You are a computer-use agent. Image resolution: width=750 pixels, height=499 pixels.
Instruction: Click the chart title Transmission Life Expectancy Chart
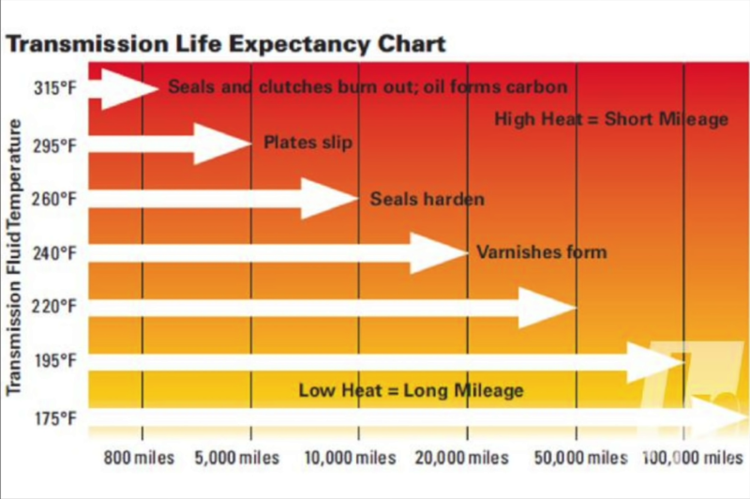point(226,43)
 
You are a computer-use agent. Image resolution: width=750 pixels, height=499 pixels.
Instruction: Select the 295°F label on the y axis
point(53,146)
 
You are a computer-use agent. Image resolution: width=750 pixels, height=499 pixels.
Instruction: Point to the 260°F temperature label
point(53,199)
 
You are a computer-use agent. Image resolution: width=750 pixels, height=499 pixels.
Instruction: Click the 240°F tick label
point(53,253)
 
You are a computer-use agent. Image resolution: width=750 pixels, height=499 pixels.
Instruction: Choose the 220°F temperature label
point(53,307)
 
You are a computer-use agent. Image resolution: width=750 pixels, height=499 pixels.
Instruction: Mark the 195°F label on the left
point(53,361)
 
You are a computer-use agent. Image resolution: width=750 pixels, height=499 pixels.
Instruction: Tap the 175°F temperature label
point(53,418)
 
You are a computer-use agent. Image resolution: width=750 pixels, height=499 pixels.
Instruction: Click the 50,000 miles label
point(575,459)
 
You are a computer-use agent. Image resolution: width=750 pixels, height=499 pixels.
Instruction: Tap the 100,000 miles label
point(685,459)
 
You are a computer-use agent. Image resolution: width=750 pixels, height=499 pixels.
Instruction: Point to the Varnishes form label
point(541,252)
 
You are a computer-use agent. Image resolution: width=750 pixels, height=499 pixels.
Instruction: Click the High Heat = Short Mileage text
point(610,119)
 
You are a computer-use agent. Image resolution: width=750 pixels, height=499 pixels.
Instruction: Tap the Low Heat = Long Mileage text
point(411,389)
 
